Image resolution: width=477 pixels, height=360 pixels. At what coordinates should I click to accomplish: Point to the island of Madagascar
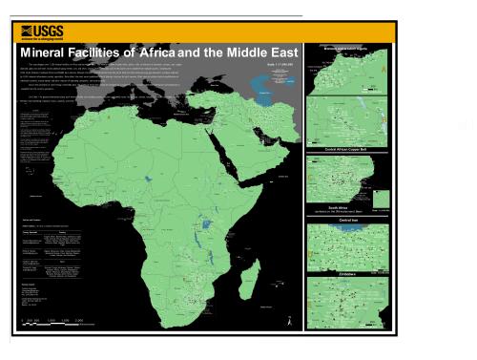click(249, 276)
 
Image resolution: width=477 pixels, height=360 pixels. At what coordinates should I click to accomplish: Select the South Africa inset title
click(346, 204)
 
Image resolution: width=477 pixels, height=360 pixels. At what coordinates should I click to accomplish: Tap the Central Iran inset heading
click(346, 219)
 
